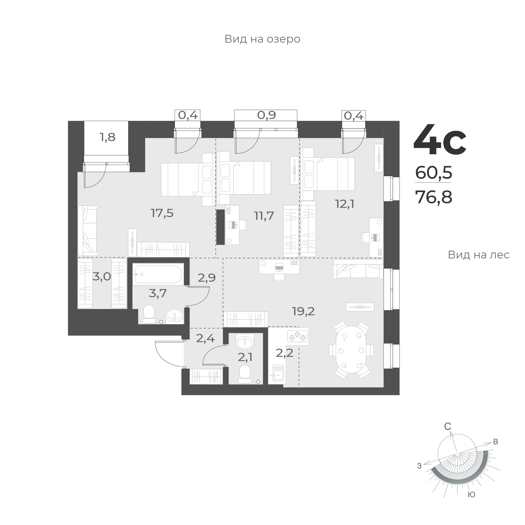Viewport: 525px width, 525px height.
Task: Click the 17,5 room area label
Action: (162, 213)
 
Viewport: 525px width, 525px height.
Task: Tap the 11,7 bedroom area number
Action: (264, 216)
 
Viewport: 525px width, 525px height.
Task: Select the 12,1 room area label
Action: (344, 204)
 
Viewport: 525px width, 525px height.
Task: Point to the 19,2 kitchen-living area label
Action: (303, 311)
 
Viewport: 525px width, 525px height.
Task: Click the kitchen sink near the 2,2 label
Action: (278, 373)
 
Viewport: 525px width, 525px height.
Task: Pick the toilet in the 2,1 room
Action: (245, 374)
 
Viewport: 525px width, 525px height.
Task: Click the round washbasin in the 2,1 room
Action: (245, 342)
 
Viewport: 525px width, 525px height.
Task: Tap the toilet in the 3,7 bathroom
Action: (149, 314)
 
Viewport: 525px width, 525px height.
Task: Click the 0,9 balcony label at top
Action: (266, 115)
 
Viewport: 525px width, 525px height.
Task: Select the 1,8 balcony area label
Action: (108, 137)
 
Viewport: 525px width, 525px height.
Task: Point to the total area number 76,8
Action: (433, 197)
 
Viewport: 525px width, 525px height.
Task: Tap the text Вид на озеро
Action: (262, 39)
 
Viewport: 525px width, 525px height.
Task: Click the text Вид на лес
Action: (479, 255)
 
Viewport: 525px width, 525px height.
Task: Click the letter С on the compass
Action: (448, 434)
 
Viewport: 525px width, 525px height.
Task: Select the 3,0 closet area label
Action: (102, 277)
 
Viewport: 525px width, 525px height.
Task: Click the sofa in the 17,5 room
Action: (88, 230)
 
